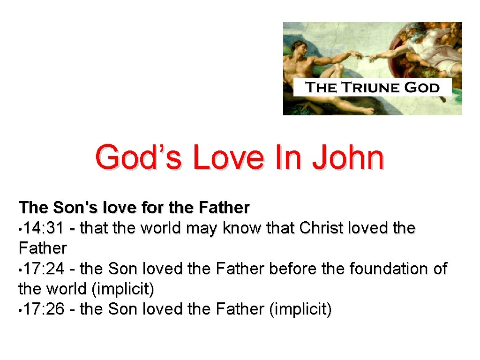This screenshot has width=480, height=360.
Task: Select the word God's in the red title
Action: [139, 158]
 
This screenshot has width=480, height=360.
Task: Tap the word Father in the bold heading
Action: [225, 207]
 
